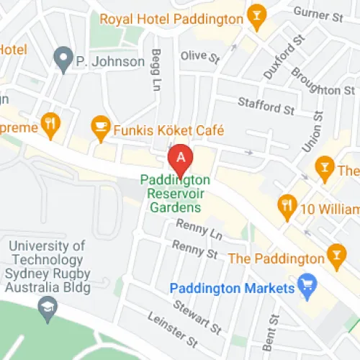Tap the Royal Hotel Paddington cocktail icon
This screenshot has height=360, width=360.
(255, 16)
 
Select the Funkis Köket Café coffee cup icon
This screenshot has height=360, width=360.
(100, 129)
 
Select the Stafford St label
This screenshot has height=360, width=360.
(267, 107)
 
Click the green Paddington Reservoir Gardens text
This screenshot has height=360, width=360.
(175, 193)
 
